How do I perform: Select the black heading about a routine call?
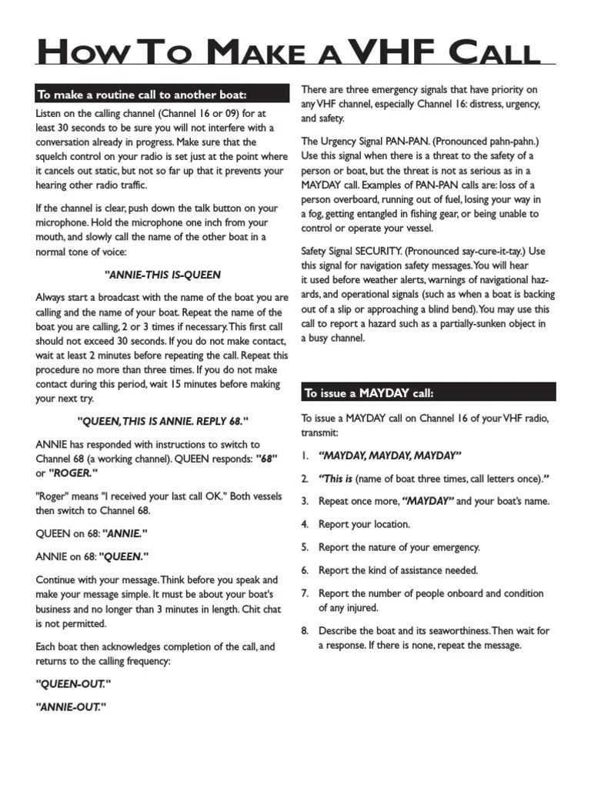pyautogui.click(x=142, y=95)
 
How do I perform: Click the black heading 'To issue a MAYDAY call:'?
pyautogui.click(x=369, y=393)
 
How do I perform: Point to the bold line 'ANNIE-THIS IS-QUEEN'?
pyautogui.click(x=162, y=274)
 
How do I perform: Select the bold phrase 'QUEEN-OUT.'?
pyautogui.click(x=74, y=683)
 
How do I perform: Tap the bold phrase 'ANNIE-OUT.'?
pyautogui.click(x=71, y=706)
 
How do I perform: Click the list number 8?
pyautogui.click(x=305, y=631)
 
